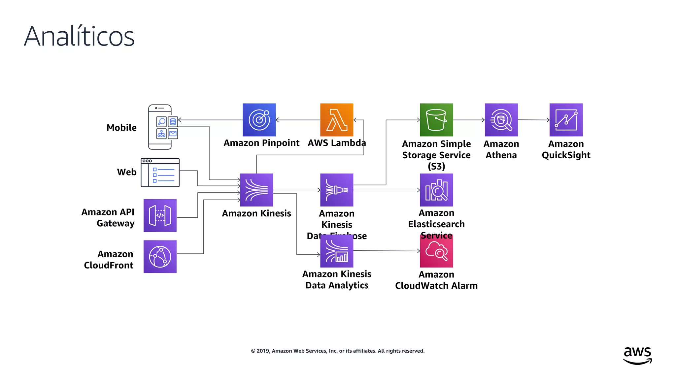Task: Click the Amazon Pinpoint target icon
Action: click(259, 120)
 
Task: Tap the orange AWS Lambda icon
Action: click(337, 120)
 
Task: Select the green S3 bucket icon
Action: click(436, 120)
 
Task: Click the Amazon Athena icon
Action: click(501, 120)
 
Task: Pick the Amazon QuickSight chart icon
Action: click(566, 120)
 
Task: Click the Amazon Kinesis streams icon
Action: click(256, 190)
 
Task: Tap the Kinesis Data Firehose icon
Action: click(337, 190)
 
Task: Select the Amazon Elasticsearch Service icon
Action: click(436, 190)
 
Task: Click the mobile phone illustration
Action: click(160, 127)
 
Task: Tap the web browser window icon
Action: click(160, 173)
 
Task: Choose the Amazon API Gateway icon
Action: click(160, 215)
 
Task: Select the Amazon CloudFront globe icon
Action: click(160, 257)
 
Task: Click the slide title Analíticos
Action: click(79, 36)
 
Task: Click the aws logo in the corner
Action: click(637, 356)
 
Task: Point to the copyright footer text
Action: click(338, 351)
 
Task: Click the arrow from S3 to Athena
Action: click(469, 120)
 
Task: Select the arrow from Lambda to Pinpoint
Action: click(298, 120)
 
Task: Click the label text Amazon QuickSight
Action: click(566, 149)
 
